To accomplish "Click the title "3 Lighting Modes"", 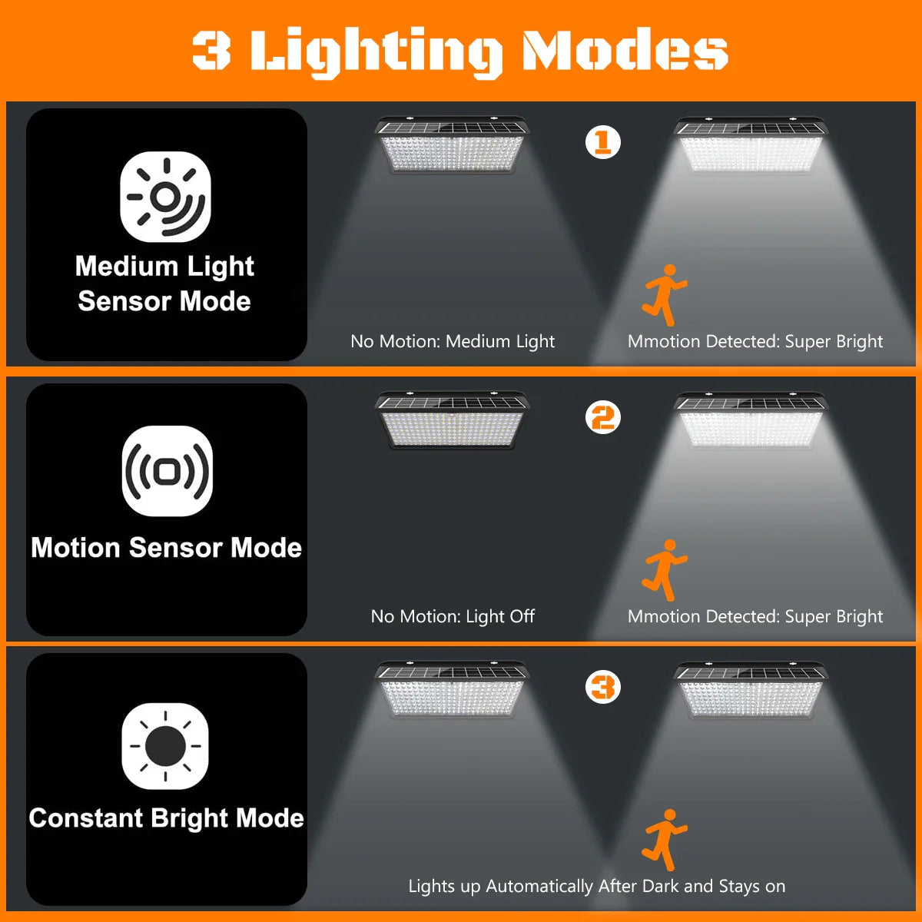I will (x=459, y=51).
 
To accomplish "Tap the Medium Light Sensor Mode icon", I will (x=165, y=197).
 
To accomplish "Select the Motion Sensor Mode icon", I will (x=167, y=470).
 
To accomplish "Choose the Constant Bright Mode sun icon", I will (x=165, y=745).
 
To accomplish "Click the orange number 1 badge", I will (x=602, y=142).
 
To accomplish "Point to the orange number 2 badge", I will (x=602, y=418).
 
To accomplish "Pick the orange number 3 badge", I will (x=602, y=687).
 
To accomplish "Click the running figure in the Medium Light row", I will (x=664, y=295).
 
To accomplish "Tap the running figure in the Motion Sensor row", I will (x=664, y=569).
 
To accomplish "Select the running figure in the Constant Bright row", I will (x=664, y=839).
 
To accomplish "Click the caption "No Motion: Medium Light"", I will (x=452, y=341).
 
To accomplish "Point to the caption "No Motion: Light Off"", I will (x=452, y=616).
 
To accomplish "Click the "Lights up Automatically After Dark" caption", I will (x=596, y=886).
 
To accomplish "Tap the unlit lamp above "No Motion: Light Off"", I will (x=451, y=420).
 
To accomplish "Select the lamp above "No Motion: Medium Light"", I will (x=451, y=145).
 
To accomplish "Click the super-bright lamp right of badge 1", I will (x=750, y=145).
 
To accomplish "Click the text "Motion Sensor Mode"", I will (x=166, y=548).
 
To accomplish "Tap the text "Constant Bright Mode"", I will (x=166, y=818).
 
